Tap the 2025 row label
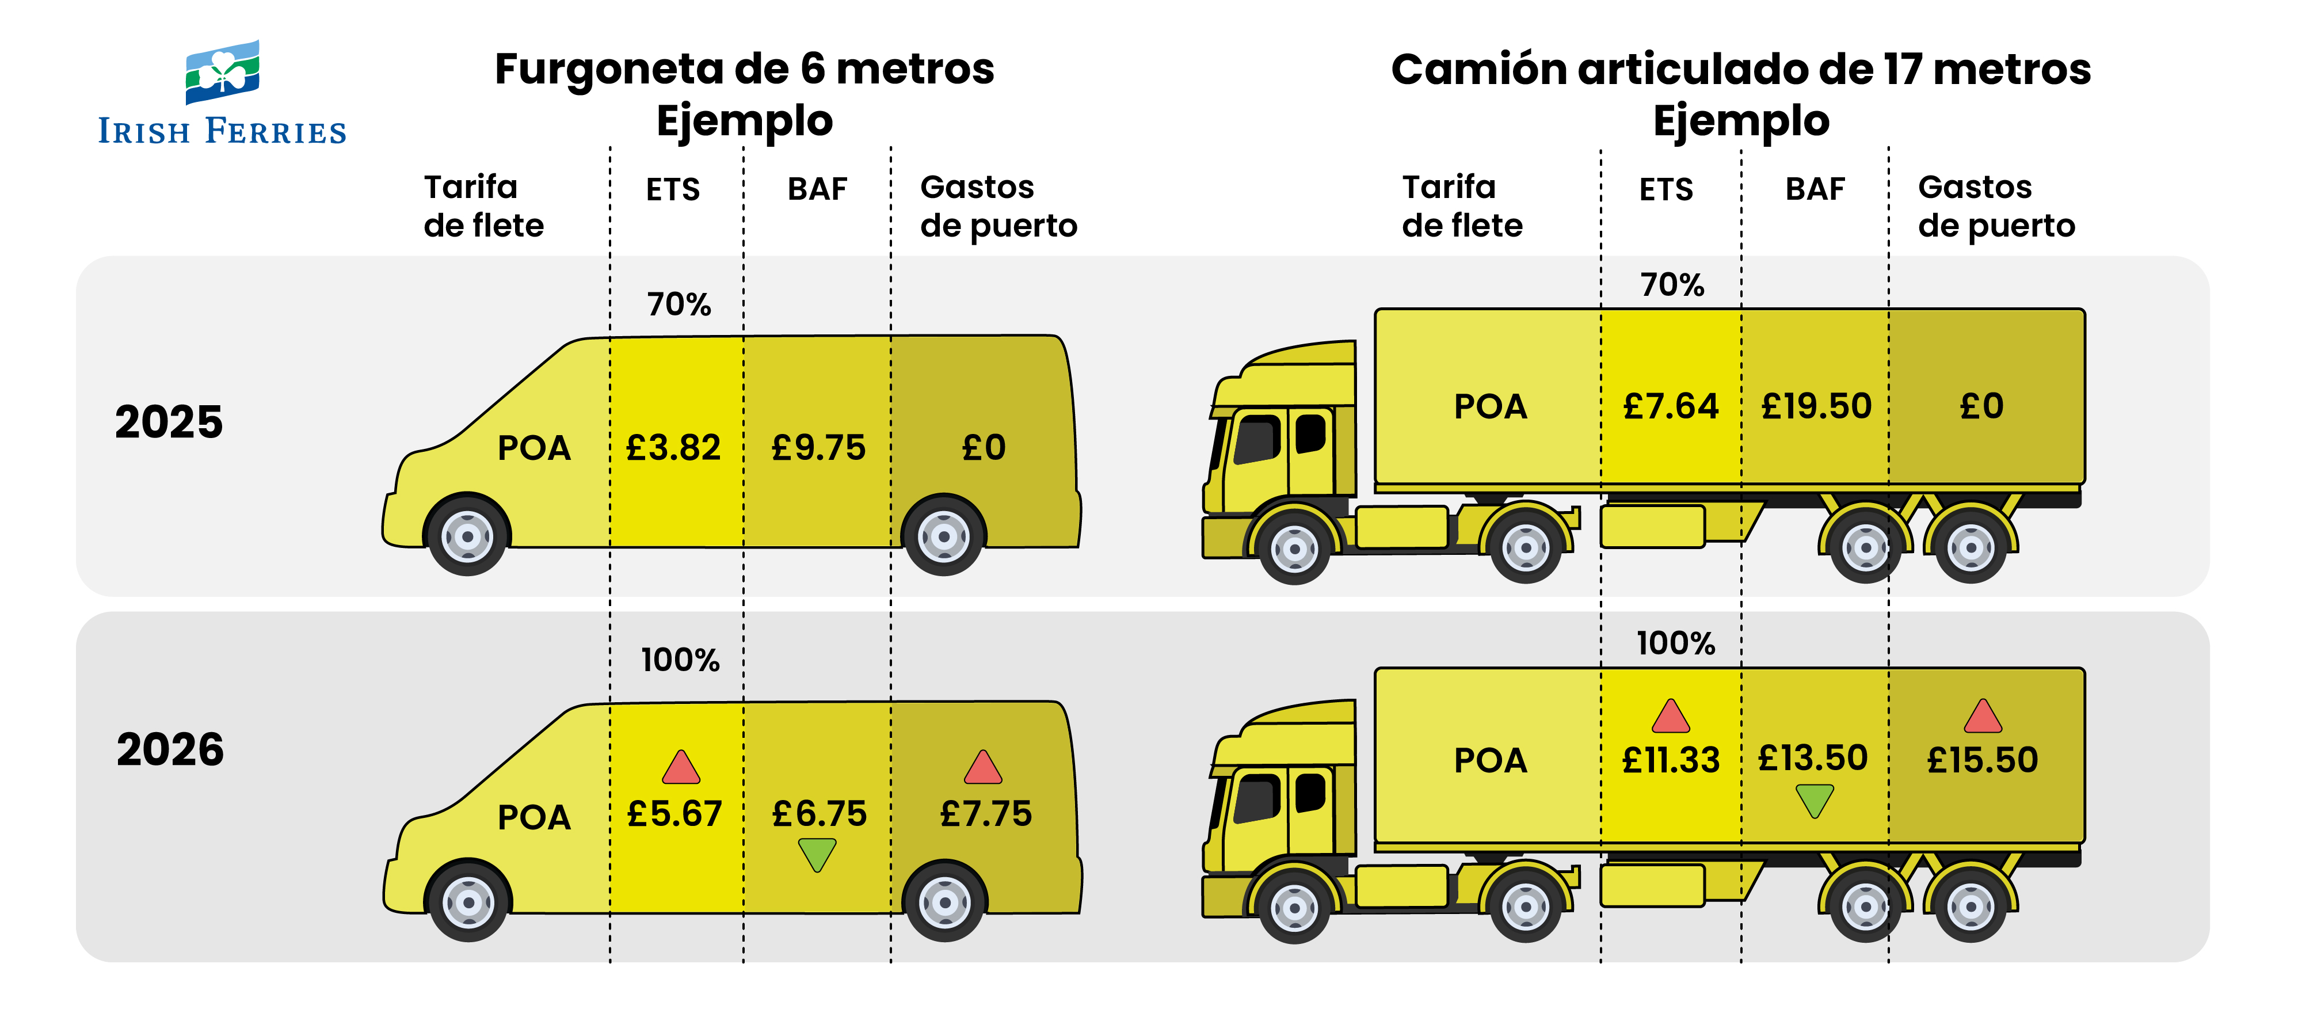pyautogui.click(x=169, y=422)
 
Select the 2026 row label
pyautogui.click(x=170, y=749)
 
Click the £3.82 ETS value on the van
pyautogui.click(x=673, y=447)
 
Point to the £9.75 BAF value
pyautogui.click(x=818, y=447)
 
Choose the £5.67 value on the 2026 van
pyautogui.click(x=674, y=814)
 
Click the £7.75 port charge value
pyautogui.click(x=986, y=814)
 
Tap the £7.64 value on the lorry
pyautogui.click(x=1670, y=406)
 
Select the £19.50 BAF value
pyautogui.click(x=1816, y=406)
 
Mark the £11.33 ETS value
pyautogui.click(x=1670, y=760)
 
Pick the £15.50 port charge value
pyautogui.click(x=1982, y=760)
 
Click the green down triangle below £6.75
pyautogui.click(x=817, y=854)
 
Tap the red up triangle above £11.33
pyautogui.click(x=1670, y=716)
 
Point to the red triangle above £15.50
pyautogui.click(x=1982, y=716)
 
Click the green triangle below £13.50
pyautogui.click(x=1814, y=799)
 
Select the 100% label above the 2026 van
pyautogui.click(x=680, y=660)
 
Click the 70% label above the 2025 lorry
pyautogui.click(x=1672, y=284)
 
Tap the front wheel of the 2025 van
pyautogui.click(x=467, y=535)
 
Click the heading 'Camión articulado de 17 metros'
pyautogui.click(x=1740, y=69)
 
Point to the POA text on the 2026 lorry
pyautogui.click(x=1490, y=760)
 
